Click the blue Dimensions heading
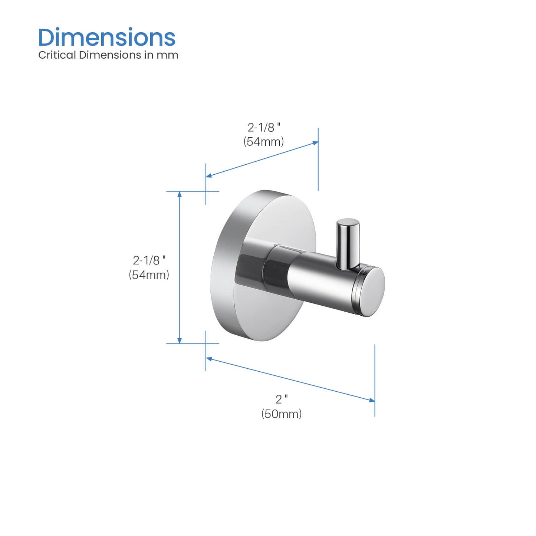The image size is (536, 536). [107, 37]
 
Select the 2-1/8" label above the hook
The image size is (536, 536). [264, 128]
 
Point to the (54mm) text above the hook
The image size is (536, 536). [264, 141]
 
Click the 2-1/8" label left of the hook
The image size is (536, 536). [149, 260]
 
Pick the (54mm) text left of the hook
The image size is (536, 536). [149, 275]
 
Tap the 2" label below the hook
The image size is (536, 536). [282, 399]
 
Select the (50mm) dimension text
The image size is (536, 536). [282, 414]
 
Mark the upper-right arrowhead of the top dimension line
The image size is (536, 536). [316, 143]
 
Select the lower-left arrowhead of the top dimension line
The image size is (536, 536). [209, 175]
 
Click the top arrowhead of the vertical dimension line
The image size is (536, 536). [180, 194]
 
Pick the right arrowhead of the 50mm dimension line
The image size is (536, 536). [372, 400]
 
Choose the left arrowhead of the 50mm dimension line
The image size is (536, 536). [209, 359]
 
